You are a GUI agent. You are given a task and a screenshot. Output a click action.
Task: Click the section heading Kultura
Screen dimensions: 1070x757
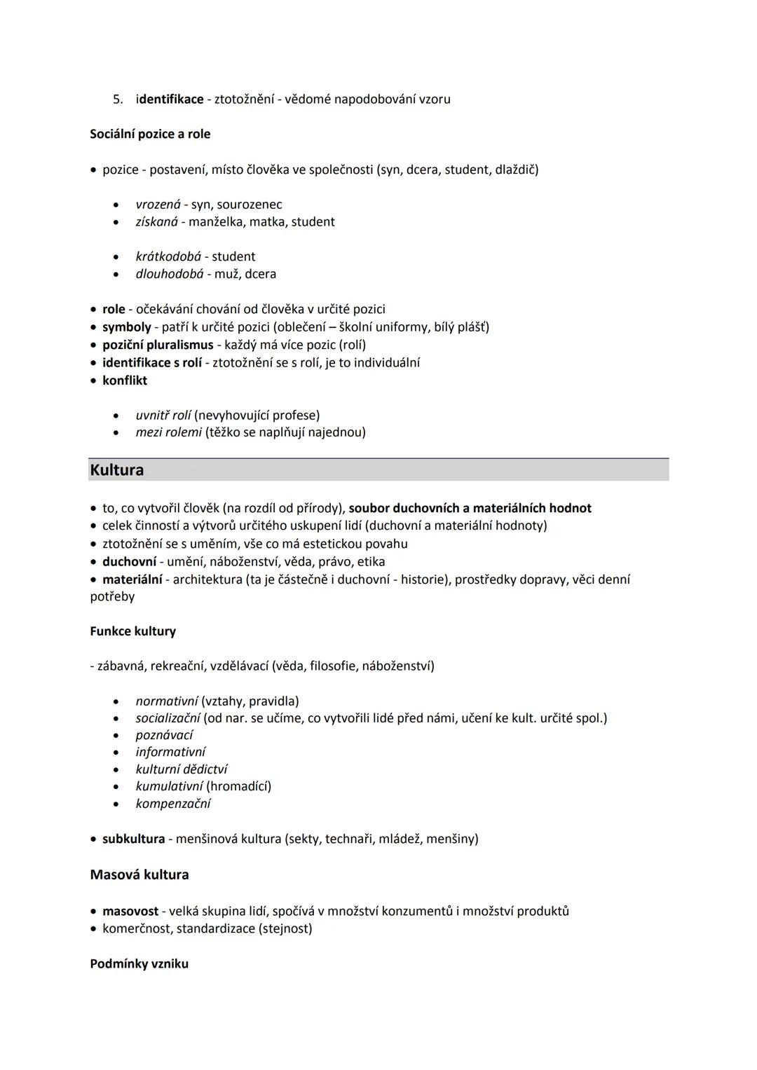click(x=117, y=469)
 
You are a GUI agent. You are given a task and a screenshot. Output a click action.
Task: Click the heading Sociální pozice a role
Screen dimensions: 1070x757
click(x=150, y=134)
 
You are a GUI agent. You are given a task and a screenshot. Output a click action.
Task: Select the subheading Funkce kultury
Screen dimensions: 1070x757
click(x=132, y=631)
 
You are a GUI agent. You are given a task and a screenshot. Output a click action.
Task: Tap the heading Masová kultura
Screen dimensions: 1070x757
click(x=139, y=874)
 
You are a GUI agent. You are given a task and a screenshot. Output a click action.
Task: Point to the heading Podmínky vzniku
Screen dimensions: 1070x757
click(x=139, y=963)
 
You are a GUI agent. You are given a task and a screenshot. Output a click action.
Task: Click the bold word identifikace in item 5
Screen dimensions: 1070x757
click(x=170, y=99)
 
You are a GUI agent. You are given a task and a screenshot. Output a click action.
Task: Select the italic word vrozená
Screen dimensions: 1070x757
click(x=158, y=205)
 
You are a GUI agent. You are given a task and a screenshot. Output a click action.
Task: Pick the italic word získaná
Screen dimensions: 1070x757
click(x=156, y=221)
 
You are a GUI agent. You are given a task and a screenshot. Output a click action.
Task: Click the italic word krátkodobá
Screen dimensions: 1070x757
click(x=168, y=256)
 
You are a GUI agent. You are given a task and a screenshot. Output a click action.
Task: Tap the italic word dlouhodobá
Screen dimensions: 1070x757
click(x=170, y=273)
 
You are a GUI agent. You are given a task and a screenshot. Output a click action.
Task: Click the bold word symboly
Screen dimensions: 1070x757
click(x=126, y=327)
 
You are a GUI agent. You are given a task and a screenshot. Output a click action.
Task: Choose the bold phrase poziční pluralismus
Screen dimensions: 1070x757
click(x=158, y=345)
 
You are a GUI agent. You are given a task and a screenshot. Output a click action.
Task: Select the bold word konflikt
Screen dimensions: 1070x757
click(x=125, y=380)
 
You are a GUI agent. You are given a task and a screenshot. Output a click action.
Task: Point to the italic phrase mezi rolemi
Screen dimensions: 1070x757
click(x=168, y=432)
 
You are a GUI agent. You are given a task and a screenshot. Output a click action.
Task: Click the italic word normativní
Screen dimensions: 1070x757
click(x=166, y=701)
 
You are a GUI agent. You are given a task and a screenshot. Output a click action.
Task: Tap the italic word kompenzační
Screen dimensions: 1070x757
click(x=172, y=804)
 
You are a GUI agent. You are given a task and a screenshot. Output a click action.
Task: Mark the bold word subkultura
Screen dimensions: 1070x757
click(x=133, y=839)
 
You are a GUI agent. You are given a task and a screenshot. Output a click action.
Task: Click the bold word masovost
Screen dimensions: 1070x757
click(x=130, y=911)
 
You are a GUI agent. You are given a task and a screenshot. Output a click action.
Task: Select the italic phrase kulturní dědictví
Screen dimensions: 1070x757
click(x=181, y=769)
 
